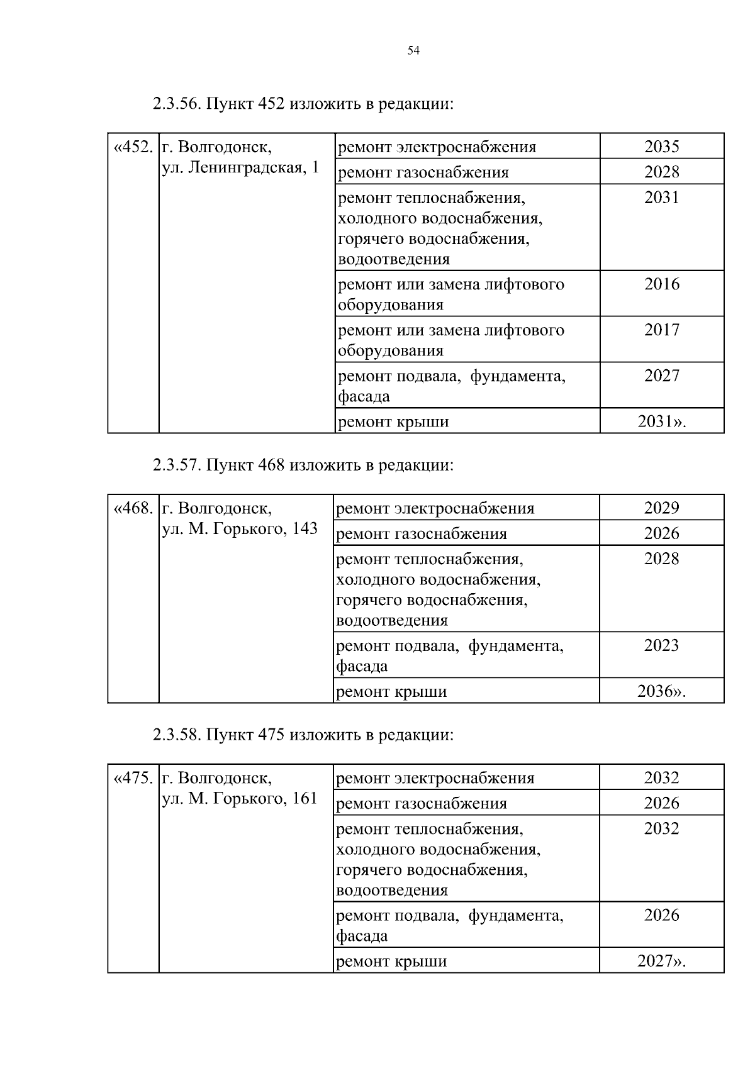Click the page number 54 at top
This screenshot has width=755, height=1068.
coord(413,51)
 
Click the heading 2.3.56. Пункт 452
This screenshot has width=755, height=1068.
coord(303,104)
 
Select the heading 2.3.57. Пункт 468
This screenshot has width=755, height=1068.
coord(303,465)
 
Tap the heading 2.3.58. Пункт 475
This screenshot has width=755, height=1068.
coord(303,735)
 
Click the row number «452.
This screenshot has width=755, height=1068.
coord(133,147)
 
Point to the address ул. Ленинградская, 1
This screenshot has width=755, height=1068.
coord(240,168)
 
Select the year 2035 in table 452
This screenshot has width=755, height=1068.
coord(661,147)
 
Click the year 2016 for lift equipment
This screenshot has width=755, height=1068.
coord(661,284)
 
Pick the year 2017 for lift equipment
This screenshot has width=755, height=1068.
coord(661,330)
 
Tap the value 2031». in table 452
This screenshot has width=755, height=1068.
coord(661,421)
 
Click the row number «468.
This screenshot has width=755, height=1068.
coord(133,508)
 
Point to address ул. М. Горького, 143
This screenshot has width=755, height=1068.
coord(240,529)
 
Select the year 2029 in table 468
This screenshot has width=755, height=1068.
coord(661,508)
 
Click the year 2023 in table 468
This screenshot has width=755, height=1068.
coord(661,645)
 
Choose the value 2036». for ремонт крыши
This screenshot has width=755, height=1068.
coord(661,692)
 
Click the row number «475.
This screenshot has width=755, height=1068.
coord(133,778)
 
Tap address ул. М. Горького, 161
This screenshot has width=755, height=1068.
coord(240,799)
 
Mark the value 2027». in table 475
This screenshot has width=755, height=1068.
coord(661,961)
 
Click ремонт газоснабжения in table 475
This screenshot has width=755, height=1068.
coord(422,804)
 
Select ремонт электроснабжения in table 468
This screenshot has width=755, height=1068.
coord(435,508)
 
